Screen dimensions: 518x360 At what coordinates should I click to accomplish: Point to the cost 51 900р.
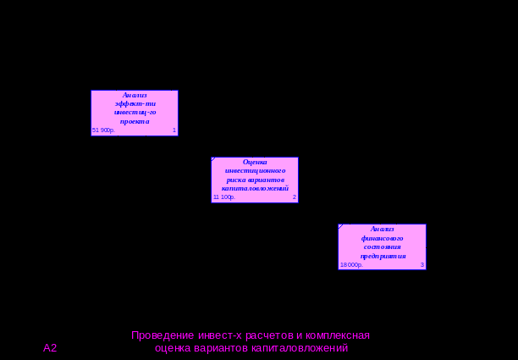click(103, 130)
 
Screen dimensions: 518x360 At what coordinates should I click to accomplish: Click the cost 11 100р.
click(223, 197)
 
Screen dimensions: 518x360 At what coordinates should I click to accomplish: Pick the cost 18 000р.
click(351, 265)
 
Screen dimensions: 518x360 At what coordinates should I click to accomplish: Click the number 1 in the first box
click(174, 130)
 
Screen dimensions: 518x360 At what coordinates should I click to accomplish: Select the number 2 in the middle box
click(295, 197)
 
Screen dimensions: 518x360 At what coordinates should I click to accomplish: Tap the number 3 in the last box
click(422, 265)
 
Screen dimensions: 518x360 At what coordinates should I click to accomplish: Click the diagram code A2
click(50, 348)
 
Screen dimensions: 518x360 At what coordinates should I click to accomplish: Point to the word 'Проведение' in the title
click(158, 335)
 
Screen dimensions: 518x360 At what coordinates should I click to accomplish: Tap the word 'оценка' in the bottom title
click(174, 348)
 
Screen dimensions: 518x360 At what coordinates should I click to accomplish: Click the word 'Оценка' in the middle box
click(255, 162)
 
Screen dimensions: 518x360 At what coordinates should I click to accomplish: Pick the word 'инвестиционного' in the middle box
click(255, 170)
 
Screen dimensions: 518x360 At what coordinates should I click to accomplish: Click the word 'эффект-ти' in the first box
click(135, 103)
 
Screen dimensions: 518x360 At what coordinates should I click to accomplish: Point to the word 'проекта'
click(135, 121)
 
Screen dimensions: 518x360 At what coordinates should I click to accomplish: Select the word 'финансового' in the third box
click(383, 238)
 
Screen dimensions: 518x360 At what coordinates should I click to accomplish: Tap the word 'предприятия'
click(383, 256)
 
